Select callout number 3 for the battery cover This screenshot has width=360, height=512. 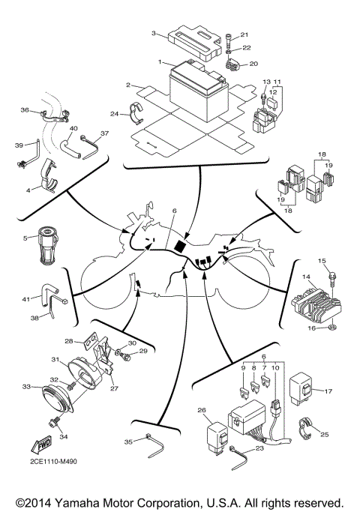[x=153, y=34]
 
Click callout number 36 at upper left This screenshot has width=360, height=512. [x=24, y=110]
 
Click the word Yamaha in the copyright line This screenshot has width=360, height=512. [x=87, y=502]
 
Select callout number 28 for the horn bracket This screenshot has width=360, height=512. [x=69, y=341]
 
